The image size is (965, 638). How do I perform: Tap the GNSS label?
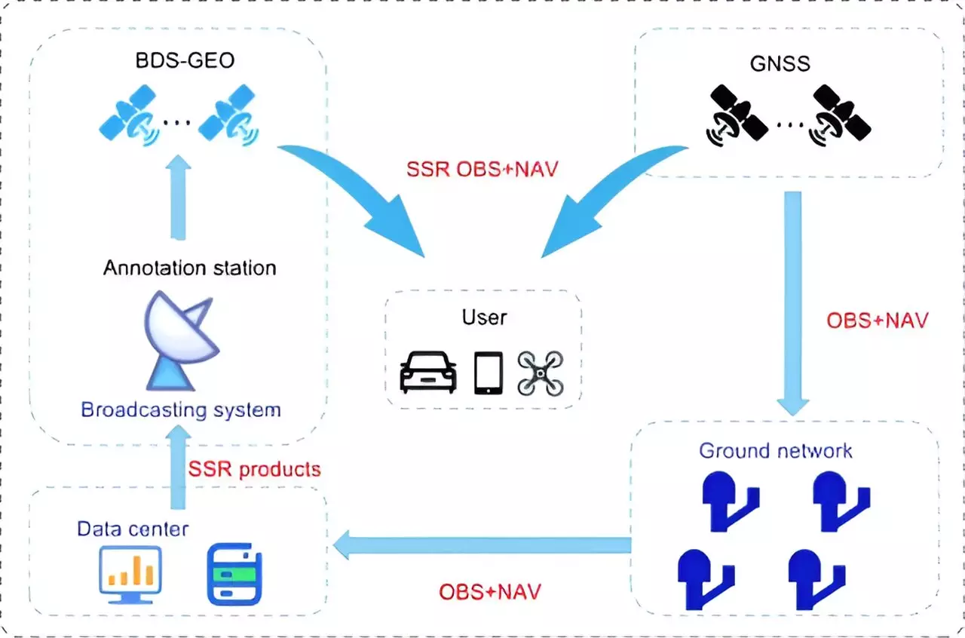tap(780, 63)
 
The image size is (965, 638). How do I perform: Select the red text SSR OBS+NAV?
tap(482, 168)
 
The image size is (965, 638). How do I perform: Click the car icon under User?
tap(427, 372)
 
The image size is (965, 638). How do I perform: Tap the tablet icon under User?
tap(488, 373)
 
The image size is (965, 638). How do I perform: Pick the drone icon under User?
tap(541, 373)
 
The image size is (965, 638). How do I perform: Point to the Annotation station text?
tap(189, 268)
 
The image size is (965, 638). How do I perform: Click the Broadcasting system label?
tap(181, 410)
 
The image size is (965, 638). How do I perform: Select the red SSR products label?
tap(254, 469)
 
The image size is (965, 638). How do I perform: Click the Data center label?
tap(133, 529)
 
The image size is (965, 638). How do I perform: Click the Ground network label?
tap(776, 451)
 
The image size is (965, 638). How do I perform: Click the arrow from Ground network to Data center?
tap(482, 545)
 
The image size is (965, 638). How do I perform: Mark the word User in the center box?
tap(484, 317)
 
